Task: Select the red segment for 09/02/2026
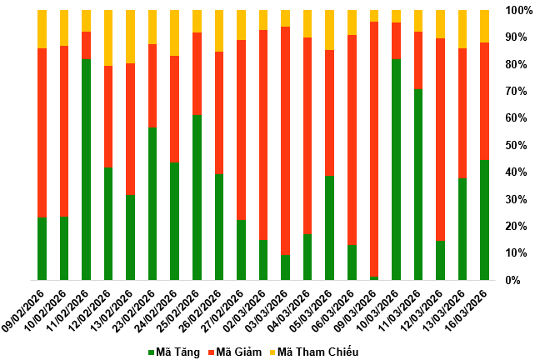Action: click(x=42, y=133)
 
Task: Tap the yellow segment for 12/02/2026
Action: click(x=108, y=37)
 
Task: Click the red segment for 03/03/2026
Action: click(x=286, y=141)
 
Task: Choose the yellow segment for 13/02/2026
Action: click(x=131, y=37)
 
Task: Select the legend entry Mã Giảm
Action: click(x=241, y=352)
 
